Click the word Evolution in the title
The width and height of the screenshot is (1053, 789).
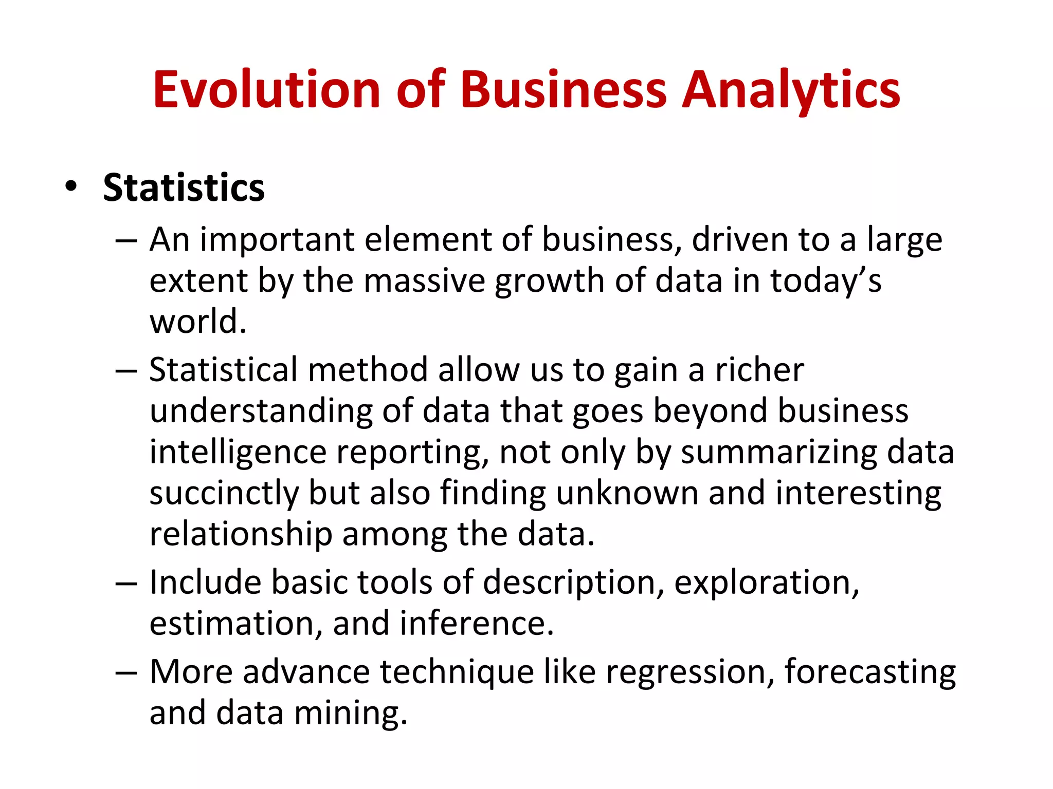point(266,90)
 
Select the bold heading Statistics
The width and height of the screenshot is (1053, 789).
point(184,187)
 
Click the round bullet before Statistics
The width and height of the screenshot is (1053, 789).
point(71,186)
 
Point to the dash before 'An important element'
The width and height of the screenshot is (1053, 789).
point(126,241)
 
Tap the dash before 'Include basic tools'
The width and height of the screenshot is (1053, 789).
point(126,584)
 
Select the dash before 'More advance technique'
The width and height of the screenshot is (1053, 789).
point(126,673)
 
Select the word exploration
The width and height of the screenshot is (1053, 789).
point(766,584)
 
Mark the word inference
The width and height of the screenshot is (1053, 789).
point(477,624)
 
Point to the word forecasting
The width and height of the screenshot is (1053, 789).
point(870,673)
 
